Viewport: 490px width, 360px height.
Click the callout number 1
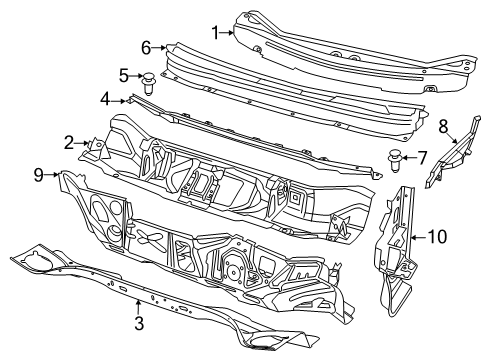tap(213, 31)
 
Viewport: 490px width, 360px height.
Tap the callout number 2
tap(69, 143)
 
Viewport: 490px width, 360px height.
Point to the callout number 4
tap(104, 98)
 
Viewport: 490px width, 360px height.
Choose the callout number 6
tap(146, 47)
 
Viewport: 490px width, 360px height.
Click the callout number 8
tap(442, 125)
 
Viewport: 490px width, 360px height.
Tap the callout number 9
tap(38, 176)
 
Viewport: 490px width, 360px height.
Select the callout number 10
tap(437, 237)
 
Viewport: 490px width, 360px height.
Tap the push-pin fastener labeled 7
tap(395, 156)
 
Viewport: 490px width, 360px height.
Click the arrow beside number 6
tap(160, 48)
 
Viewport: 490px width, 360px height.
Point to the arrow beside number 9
tap(52, 176)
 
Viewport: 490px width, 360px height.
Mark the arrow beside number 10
tap(418, 237)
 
